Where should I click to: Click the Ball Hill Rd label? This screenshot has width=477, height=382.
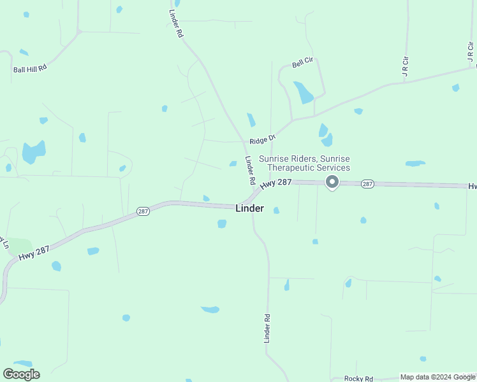click(x=30, y=68)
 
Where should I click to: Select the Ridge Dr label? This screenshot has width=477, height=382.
click(x=262, y=139)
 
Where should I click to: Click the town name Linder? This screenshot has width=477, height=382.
click(x=249, y=208)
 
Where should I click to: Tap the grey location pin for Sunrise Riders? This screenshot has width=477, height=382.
click(x=332, y=183)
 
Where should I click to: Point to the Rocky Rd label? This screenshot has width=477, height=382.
click(x=358, y=378)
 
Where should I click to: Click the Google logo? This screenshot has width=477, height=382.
click(x=21, y=374)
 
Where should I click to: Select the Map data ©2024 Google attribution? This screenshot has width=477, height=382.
click(x=438, y=377)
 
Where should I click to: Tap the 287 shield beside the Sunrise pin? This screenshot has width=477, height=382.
click(x=367, y=183)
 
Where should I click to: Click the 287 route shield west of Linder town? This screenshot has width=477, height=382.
click(x=143, y=211)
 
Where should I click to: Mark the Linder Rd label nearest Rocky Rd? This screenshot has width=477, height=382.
click(x=267, y=329)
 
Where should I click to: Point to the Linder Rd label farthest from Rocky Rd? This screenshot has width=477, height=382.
click(x=176, y=24)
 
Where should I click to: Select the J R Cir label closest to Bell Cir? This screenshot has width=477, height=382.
click(x=404, y=66)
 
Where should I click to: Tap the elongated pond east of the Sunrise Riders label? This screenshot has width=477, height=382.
click(x=415, y=164)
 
